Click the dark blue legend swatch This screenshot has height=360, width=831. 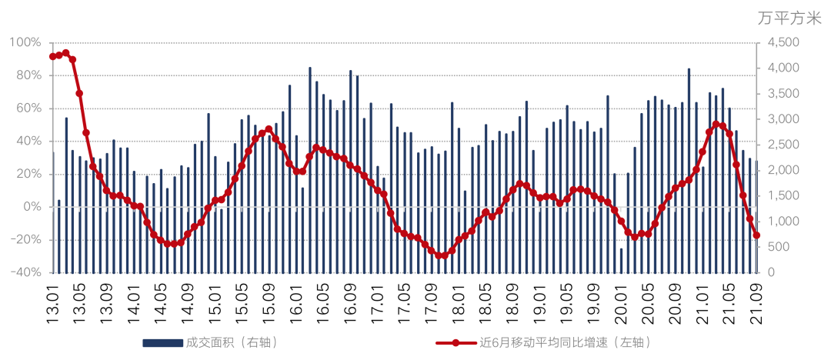pyautogui.click(x=162, y=342)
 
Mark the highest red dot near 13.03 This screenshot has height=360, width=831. pyautogui.click(x=65, y=53)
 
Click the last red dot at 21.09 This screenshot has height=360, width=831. pyautogui.click(x=757, y=235)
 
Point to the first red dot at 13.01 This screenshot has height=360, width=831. pyautogui.click(x=52, y=56)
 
